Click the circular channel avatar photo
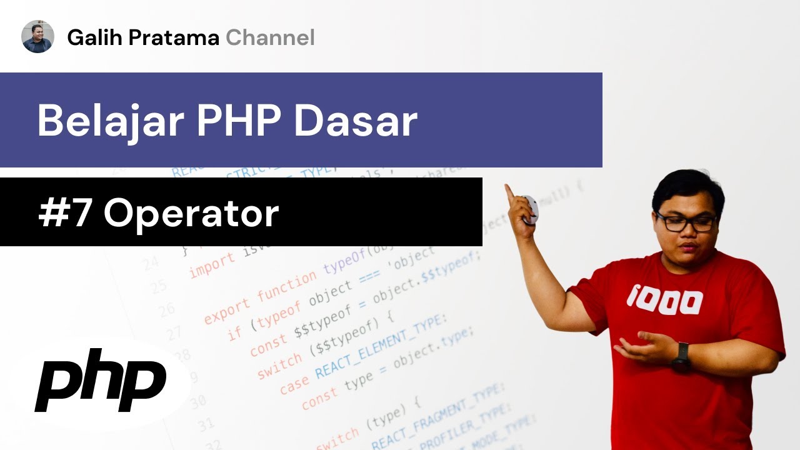(x=37, y=36)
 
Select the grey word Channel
(x=270, y=38)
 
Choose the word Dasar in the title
(x=356, y=120)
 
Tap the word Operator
(x=191, y=214)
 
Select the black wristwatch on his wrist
(x=681, y=357)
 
